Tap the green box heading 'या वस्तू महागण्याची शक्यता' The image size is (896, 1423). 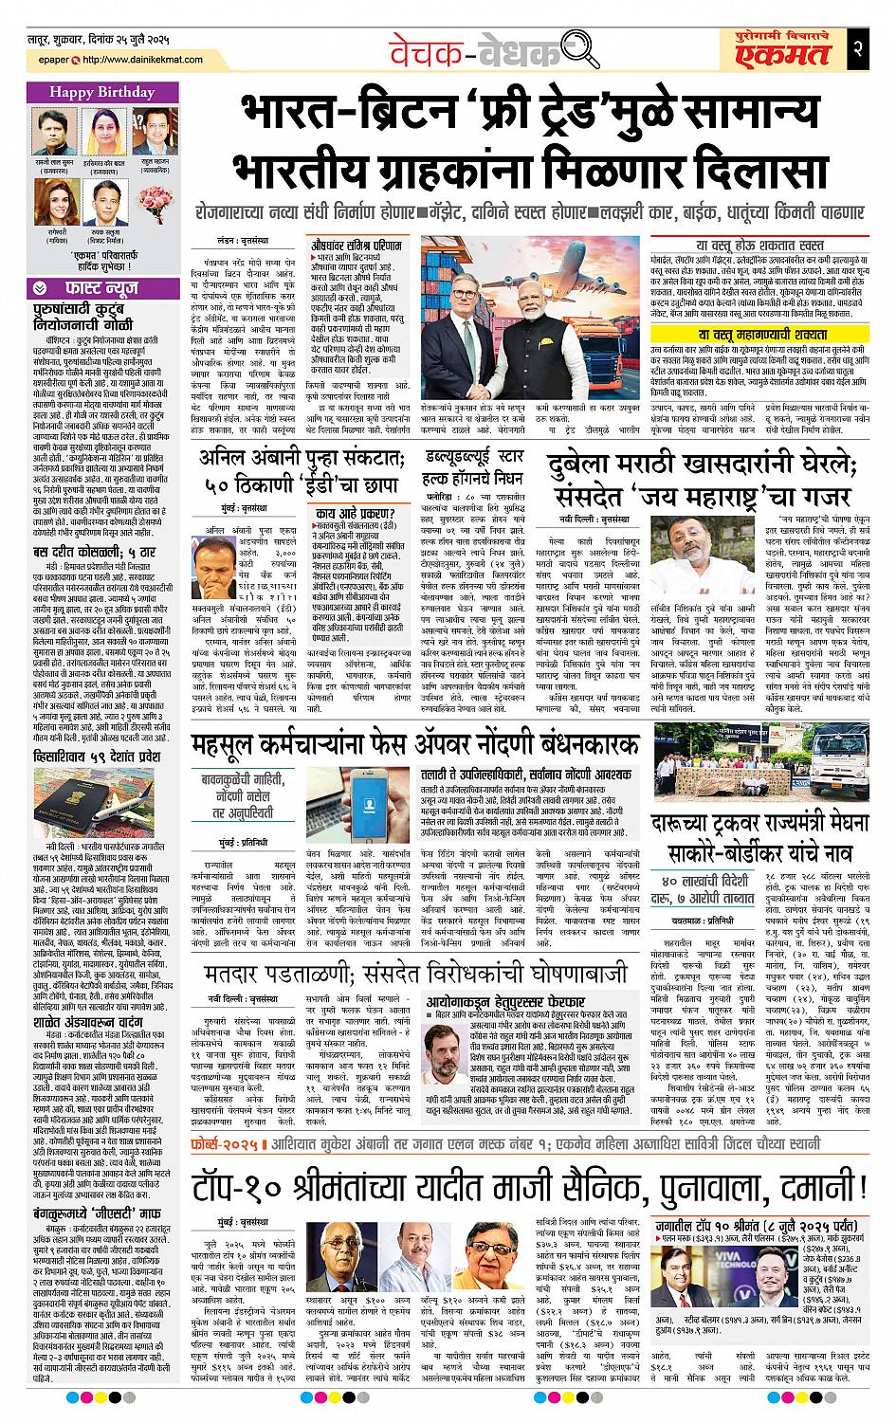[763, 335]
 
